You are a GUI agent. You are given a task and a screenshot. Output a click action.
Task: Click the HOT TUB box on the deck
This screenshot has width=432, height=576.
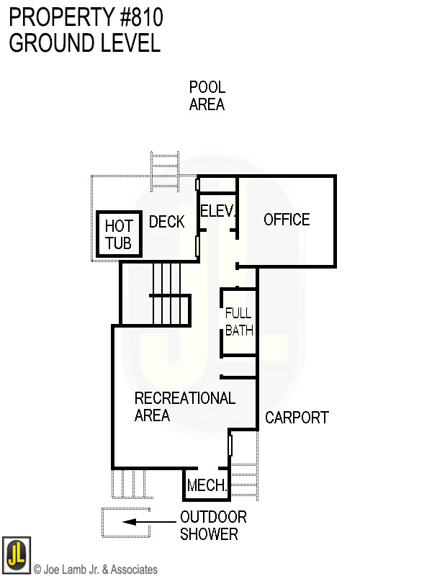click(x=119, y=235)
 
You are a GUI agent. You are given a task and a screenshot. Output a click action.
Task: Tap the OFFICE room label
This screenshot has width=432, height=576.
click(x=287, y=220)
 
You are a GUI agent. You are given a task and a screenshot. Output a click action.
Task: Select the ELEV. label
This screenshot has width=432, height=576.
click(x=218, y=212)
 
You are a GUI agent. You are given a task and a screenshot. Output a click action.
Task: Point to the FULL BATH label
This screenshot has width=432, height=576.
click(x=239, y=322)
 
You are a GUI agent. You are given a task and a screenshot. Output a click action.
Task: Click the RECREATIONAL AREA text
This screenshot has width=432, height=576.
click(x=184, y=407)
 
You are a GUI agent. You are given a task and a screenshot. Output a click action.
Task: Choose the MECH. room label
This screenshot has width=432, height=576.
click(x=207, y=486)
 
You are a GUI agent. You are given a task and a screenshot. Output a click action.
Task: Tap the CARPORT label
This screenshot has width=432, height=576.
click(x=297, y=418)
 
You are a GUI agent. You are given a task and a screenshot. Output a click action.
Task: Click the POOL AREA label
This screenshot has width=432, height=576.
click(x=207, y=96)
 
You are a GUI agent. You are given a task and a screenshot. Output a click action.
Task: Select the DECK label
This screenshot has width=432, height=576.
click(x=167, y=222)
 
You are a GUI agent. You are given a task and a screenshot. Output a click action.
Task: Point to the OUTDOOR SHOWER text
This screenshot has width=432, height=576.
click(x=213, y=526)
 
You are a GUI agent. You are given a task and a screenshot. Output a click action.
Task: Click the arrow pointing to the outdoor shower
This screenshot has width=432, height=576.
click(x=148, y=523)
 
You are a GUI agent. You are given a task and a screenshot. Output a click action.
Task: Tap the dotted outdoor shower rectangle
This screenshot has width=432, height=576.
click(x=115, y=523)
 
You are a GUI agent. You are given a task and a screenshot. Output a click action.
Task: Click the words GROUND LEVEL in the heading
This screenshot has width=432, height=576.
click(x=84, y=42)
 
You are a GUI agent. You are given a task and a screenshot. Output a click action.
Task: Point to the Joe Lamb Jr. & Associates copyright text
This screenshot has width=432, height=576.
click(x=96, y=570)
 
